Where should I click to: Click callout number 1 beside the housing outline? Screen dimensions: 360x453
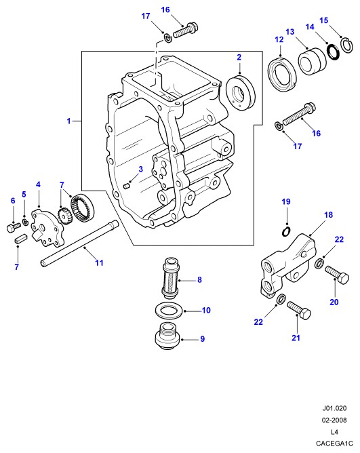pos(68,121)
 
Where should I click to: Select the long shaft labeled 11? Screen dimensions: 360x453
pos(79,244)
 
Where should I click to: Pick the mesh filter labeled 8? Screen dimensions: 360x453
pos(171,278)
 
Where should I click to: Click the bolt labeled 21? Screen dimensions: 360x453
pos(300,310)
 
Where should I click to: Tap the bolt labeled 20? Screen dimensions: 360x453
pos(338,275)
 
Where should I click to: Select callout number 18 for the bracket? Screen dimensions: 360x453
pos(329,215)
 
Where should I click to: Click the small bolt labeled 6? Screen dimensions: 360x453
pos(14,227)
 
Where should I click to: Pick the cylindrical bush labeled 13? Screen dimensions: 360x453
pos(313,61)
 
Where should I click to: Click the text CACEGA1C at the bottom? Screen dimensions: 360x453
pos(334,444)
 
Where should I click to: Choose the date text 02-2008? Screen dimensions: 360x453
pos(334,420)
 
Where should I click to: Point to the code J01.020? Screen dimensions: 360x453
pos(334,408)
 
